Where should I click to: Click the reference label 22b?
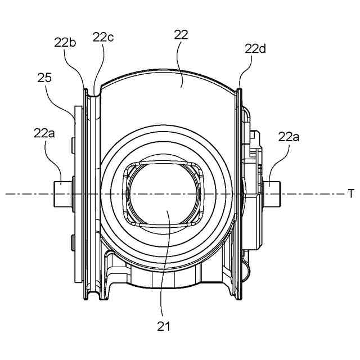tap(65, 43)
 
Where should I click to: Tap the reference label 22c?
tap(103, 37)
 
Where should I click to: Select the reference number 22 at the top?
tap(181, 35)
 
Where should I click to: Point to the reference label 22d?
tap(255, 49)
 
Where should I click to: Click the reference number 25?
tap(44, 78)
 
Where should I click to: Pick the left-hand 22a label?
tap(44, 133)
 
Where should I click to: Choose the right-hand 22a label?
tap(289, 137)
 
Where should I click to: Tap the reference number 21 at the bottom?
tap(164, 326)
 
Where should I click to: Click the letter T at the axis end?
tap(351, 193)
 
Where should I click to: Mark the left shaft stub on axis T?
tap(63, 194)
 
